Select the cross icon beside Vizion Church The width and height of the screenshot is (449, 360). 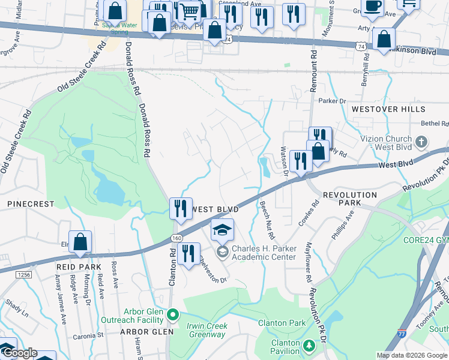[x=421, y=142]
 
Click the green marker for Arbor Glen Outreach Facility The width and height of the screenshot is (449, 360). [x=173, y=314]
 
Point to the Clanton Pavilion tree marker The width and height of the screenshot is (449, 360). [x=309, y=346]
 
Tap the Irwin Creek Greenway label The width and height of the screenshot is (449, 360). [x=207, y=331]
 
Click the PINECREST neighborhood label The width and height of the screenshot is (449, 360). [x=31, y=204]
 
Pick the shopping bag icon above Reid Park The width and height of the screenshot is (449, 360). [x=80, y=242]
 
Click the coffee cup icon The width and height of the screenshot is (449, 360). [x=373, y=6]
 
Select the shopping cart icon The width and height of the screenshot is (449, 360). [x=190, y=11]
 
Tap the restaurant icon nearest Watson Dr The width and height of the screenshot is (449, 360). [x=299, y=161]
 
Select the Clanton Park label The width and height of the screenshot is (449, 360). [x=282, y=323]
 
